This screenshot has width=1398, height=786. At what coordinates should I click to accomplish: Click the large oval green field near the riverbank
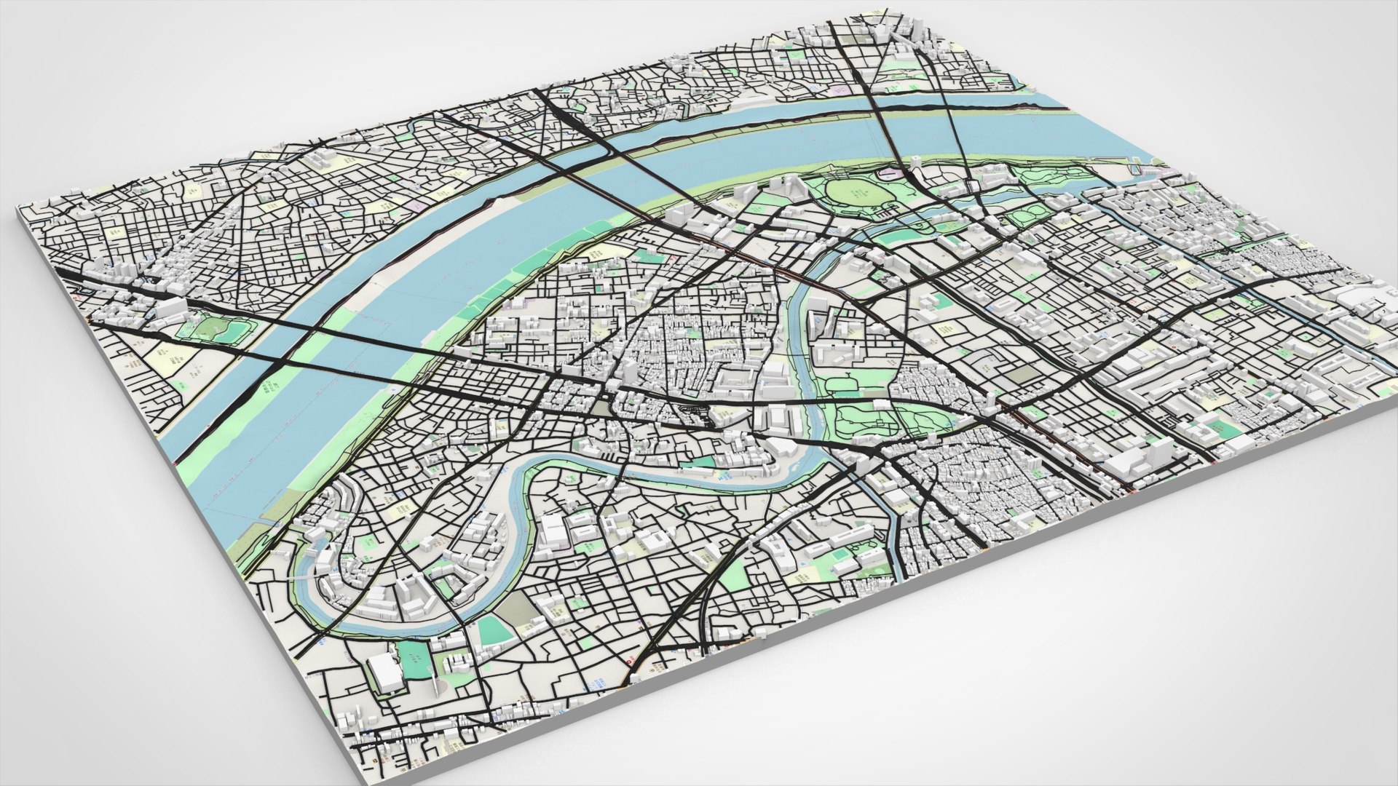point(858,194)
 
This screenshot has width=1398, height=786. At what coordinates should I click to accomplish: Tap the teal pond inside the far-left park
point(216,329)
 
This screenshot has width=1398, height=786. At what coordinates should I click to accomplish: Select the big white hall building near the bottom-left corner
point(384,673)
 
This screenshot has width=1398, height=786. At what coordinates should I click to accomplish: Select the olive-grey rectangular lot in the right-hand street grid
point(1027,374)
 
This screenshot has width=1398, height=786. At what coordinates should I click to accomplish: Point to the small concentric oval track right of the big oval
point(1026,218)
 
